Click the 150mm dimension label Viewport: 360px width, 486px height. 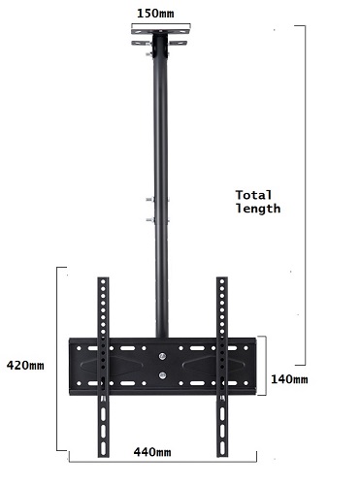(x=155, y=14)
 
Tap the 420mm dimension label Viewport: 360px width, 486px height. (x=25, y=366)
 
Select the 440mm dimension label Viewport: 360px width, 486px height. (x=152, y=452)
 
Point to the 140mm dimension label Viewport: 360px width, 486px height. (x=289, y=379)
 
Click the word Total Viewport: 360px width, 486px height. (x=253, y=195)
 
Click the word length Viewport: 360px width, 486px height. (x=258, y=209)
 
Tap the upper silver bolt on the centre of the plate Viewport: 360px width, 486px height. (x=162, y=356)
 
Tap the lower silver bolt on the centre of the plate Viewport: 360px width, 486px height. (x=162, y=375)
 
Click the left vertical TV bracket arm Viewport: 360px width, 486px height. (x=103, y=367)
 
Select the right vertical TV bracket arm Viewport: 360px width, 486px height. (x=222, y=367)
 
